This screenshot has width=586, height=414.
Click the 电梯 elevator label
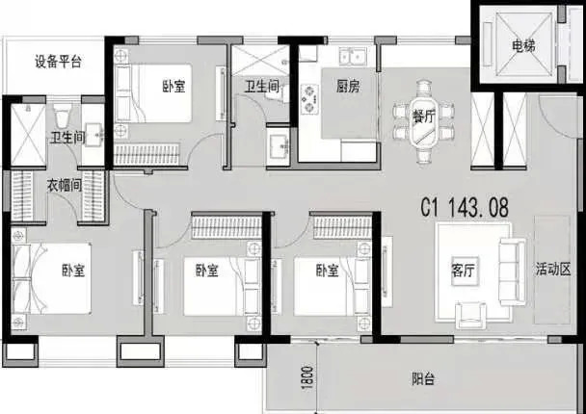523,46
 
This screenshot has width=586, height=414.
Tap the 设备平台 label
58,62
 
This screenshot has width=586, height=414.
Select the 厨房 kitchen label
348,87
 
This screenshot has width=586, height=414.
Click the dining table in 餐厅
424,120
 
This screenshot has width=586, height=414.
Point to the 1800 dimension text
306,377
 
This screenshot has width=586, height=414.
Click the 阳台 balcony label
423,379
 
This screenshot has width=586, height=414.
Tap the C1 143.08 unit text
465,207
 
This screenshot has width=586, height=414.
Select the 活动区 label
553,270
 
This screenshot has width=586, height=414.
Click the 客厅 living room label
463,271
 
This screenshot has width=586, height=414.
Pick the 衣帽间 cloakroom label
64,185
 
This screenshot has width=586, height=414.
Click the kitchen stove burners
309,99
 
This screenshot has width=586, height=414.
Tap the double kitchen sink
353,57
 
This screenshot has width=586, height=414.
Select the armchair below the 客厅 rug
470,316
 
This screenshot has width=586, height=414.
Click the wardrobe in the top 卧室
146,154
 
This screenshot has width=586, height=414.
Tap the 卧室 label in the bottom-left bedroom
73,271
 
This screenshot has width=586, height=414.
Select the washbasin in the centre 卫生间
278,145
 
